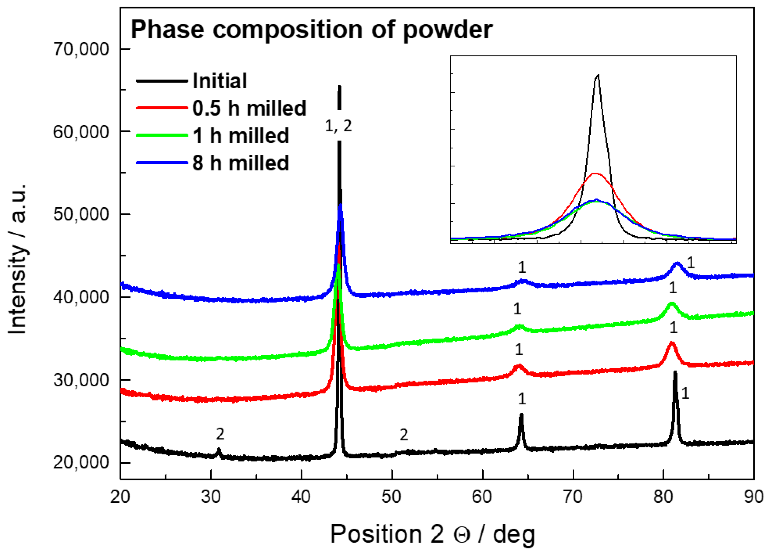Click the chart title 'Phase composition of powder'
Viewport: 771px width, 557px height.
[x=312, y=30]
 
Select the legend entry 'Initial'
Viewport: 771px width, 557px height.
[x=220, y=81]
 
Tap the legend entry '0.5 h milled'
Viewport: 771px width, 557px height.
[x=249, y=108]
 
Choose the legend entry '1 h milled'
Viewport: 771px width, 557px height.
[x=241, y=136]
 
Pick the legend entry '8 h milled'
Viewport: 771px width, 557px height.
[x=241, y=163]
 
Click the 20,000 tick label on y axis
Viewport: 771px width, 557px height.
[x=81, y=462]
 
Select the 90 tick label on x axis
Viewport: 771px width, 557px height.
[x=753, y=497]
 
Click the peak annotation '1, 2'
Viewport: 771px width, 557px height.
[x=338, y=126]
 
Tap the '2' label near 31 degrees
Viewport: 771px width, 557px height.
[x=220, y=434]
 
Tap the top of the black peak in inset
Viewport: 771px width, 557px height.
[x=598, y=75]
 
